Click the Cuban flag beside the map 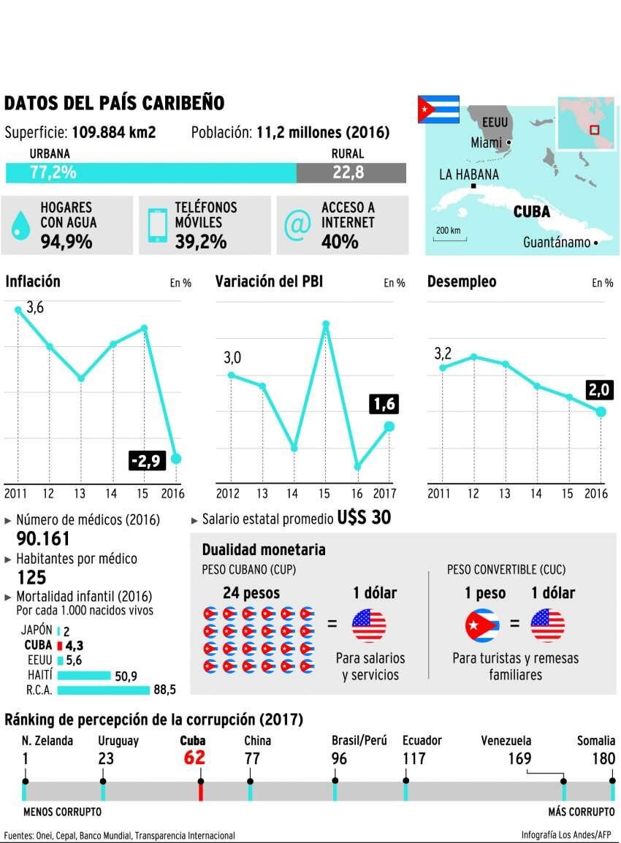[438, 109]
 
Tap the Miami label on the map [487, 142]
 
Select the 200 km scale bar [448, 233]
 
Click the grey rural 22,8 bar [351, 172]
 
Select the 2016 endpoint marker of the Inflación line [175, 458]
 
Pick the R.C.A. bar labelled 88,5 [102, 689]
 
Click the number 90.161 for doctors [43, 539]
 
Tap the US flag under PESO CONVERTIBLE [547, 625]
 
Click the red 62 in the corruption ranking [194, 758]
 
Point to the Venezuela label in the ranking [506, 740]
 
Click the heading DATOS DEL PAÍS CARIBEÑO [114, 103]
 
